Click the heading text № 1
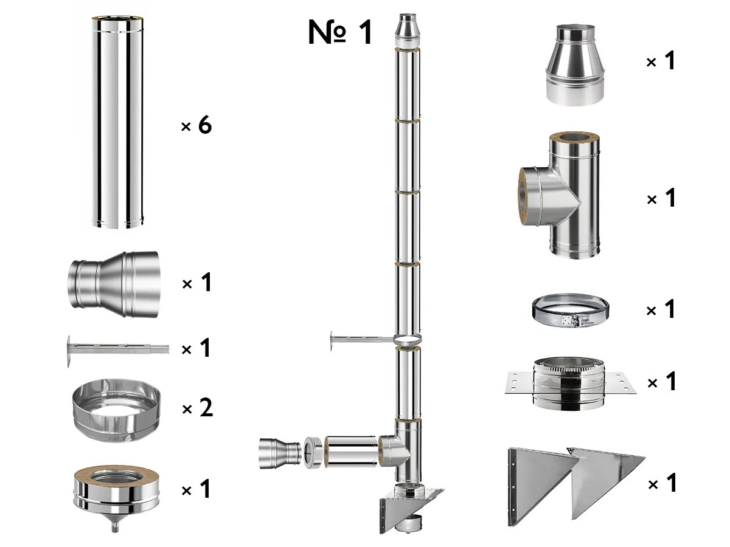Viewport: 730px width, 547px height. [340, 32]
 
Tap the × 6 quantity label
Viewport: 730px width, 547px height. [196, 126]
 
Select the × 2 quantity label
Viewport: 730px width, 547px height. [197, 408]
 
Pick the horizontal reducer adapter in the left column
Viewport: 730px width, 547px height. [114, 284]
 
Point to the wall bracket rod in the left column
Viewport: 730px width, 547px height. [116, 349]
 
